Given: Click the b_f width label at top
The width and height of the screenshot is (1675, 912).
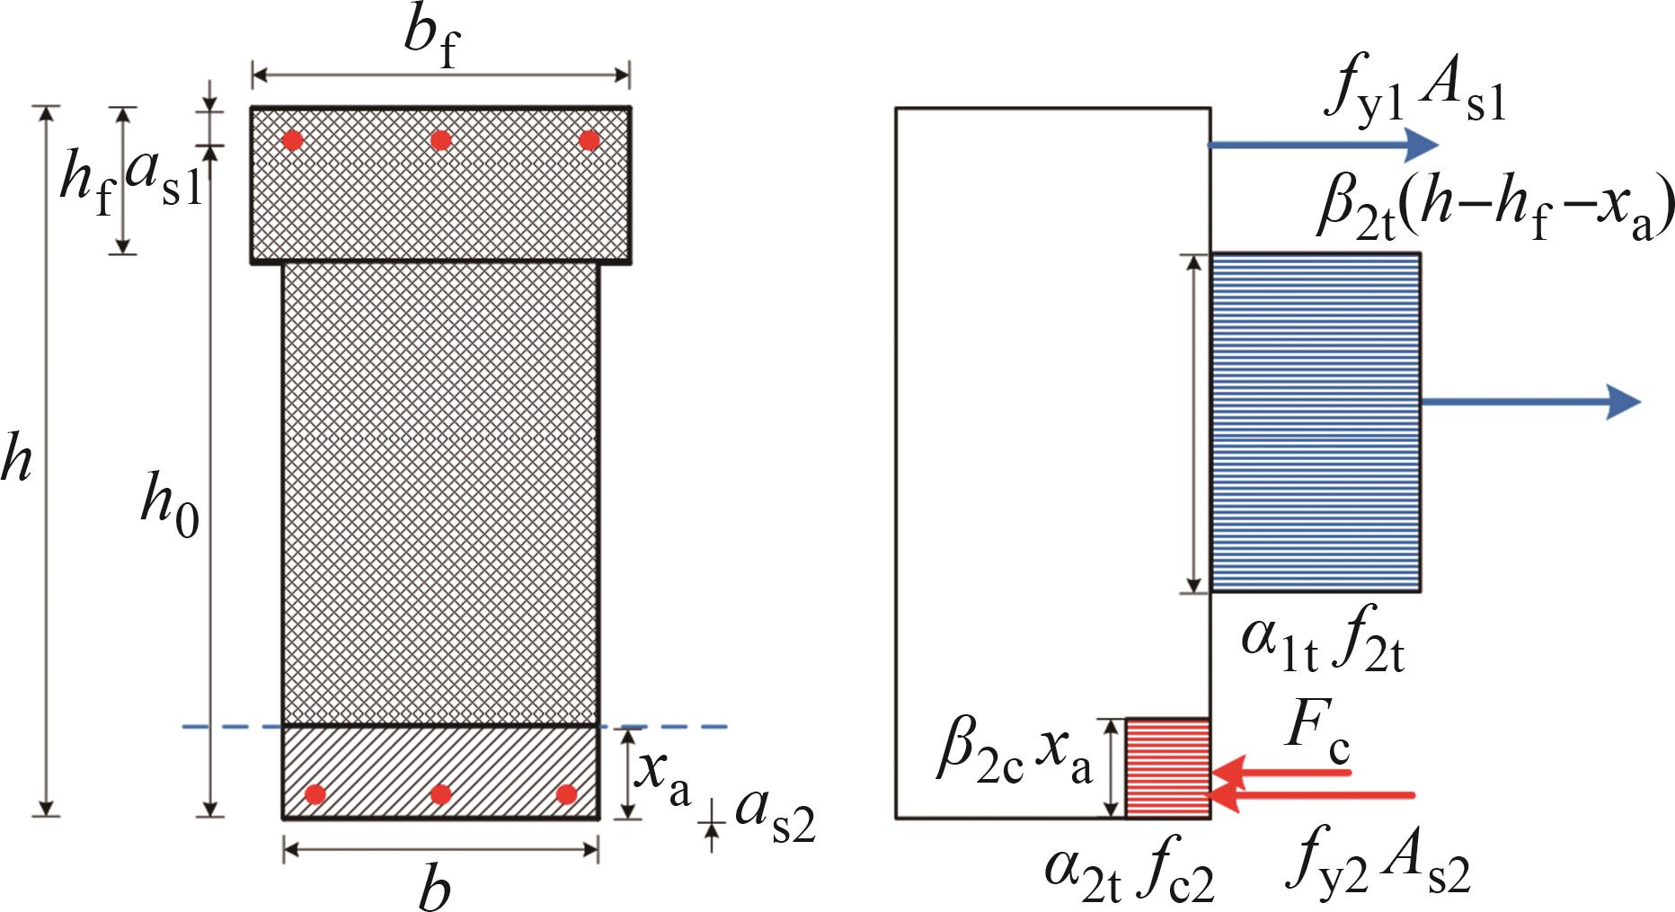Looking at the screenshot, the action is point(431,40).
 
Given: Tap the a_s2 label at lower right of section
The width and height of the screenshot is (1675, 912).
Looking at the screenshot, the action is point(775,817).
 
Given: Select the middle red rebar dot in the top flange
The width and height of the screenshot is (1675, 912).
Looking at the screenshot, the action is point(440,140).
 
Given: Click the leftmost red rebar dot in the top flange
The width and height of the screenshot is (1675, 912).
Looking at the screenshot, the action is point(293,140).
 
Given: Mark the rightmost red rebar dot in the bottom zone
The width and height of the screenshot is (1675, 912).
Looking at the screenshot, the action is point(566,794).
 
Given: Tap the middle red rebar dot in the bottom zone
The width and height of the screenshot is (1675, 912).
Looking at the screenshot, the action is point(440,794).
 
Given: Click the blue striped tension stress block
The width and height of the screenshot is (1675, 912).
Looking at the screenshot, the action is point(1316,422).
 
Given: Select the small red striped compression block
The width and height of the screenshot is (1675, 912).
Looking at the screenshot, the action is point(1168,768).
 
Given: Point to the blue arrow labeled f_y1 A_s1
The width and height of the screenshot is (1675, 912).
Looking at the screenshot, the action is point(1324,145).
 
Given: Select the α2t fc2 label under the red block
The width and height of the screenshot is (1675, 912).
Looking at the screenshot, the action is point(1130,873).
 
